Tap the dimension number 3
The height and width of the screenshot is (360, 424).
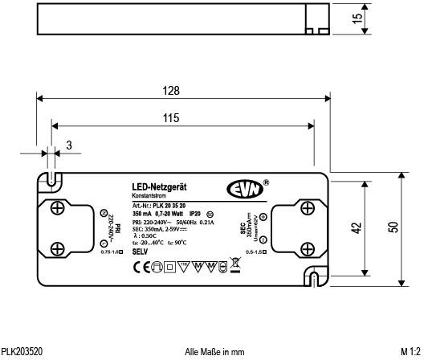point(69,145)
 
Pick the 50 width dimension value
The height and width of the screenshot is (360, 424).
point(393,228)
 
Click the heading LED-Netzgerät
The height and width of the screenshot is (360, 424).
point(159,187)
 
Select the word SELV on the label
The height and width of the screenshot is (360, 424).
point(140,252)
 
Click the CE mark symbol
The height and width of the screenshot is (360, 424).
point(139,265)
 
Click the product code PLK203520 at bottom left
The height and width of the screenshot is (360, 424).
point(22,352)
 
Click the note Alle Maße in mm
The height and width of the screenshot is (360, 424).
point(214,352)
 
